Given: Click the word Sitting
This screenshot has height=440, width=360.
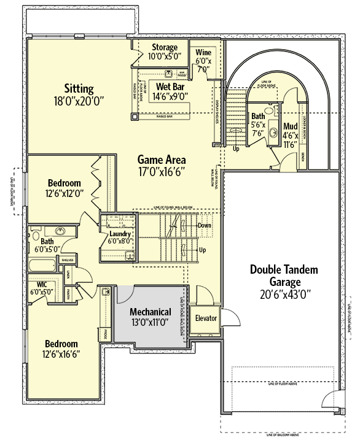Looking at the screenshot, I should click(x=80, y=88).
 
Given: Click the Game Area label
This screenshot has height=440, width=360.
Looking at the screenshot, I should click(x=162, y=158).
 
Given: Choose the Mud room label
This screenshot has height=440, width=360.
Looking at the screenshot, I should click(x=290, y=127).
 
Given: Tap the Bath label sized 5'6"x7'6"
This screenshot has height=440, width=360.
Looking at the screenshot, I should click(x=257, y=117).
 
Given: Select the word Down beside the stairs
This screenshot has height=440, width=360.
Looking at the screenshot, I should click(x=205, y=225).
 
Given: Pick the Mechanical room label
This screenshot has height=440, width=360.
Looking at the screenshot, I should click(x=151, y=312).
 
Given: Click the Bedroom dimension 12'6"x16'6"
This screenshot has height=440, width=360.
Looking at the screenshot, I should click(x=60, y=354).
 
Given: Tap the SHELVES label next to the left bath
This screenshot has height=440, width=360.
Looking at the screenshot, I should click(x=67, y=260).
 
